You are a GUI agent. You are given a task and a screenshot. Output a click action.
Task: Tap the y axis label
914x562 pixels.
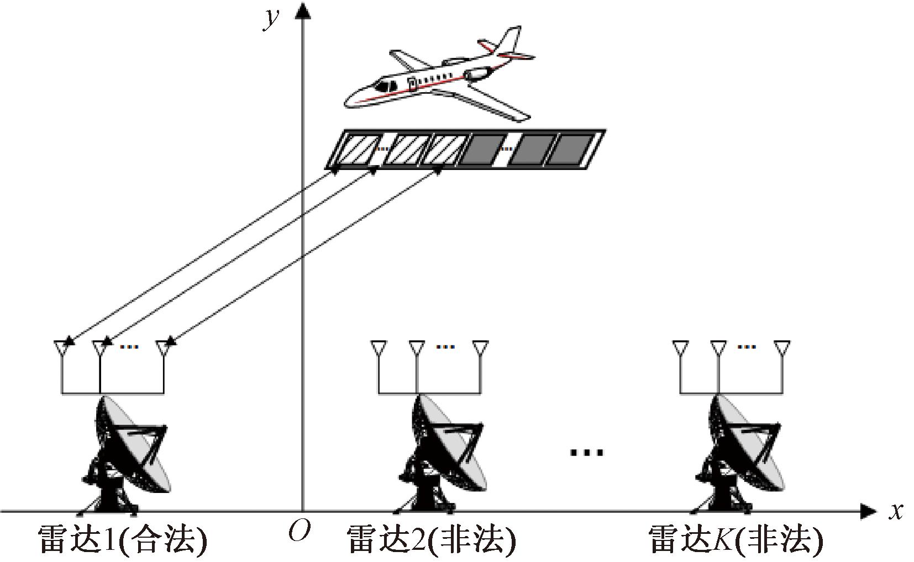point(271,18)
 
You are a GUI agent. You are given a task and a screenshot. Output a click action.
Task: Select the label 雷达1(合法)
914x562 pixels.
point(123,540)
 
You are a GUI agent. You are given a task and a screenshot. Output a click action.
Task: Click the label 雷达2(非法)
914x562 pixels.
point(431,540)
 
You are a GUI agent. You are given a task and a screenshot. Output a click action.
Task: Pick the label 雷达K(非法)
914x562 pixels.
point(736,540)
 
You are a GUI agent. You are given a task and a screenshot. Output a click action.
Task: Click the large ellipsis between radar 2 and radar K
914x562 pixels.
point(587,453)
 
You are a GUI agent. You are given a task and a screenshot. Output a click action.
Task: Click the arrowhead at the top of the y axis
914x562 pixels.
point(302,10)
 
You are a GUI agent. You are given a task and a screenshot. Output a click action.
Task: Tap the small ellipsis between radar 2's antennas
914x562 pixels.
point(445,347)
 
